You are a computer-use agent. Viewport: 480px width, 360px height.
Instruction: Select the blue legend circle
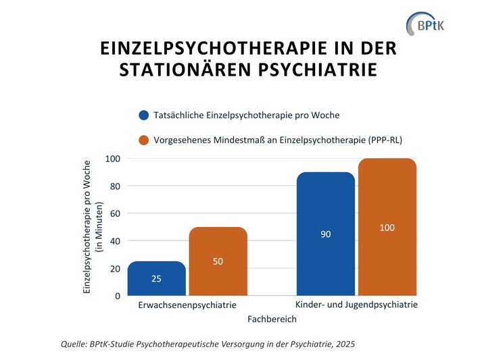[143, 115]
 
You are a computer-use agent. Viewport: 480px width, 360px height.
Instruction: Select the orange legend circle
[143, 140]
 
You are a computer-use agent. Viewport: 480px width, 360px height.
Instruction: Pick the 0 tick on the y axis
[117, 296]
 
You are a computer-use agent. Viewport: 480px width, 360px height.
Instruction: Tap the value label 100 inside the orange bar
[387, 228]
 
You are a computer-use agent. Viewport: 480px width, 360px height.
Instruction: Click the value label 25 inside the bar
[156, 278]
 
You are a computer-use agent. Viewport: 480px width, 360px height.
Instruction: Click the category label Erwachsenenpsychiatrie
[187, 305]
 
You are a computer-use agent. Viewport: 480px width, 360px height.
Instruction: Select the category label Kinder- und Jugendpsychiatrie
[356, 305]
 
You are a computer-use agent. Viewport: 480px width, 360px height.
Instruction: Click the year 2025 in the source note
[343, 344]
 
